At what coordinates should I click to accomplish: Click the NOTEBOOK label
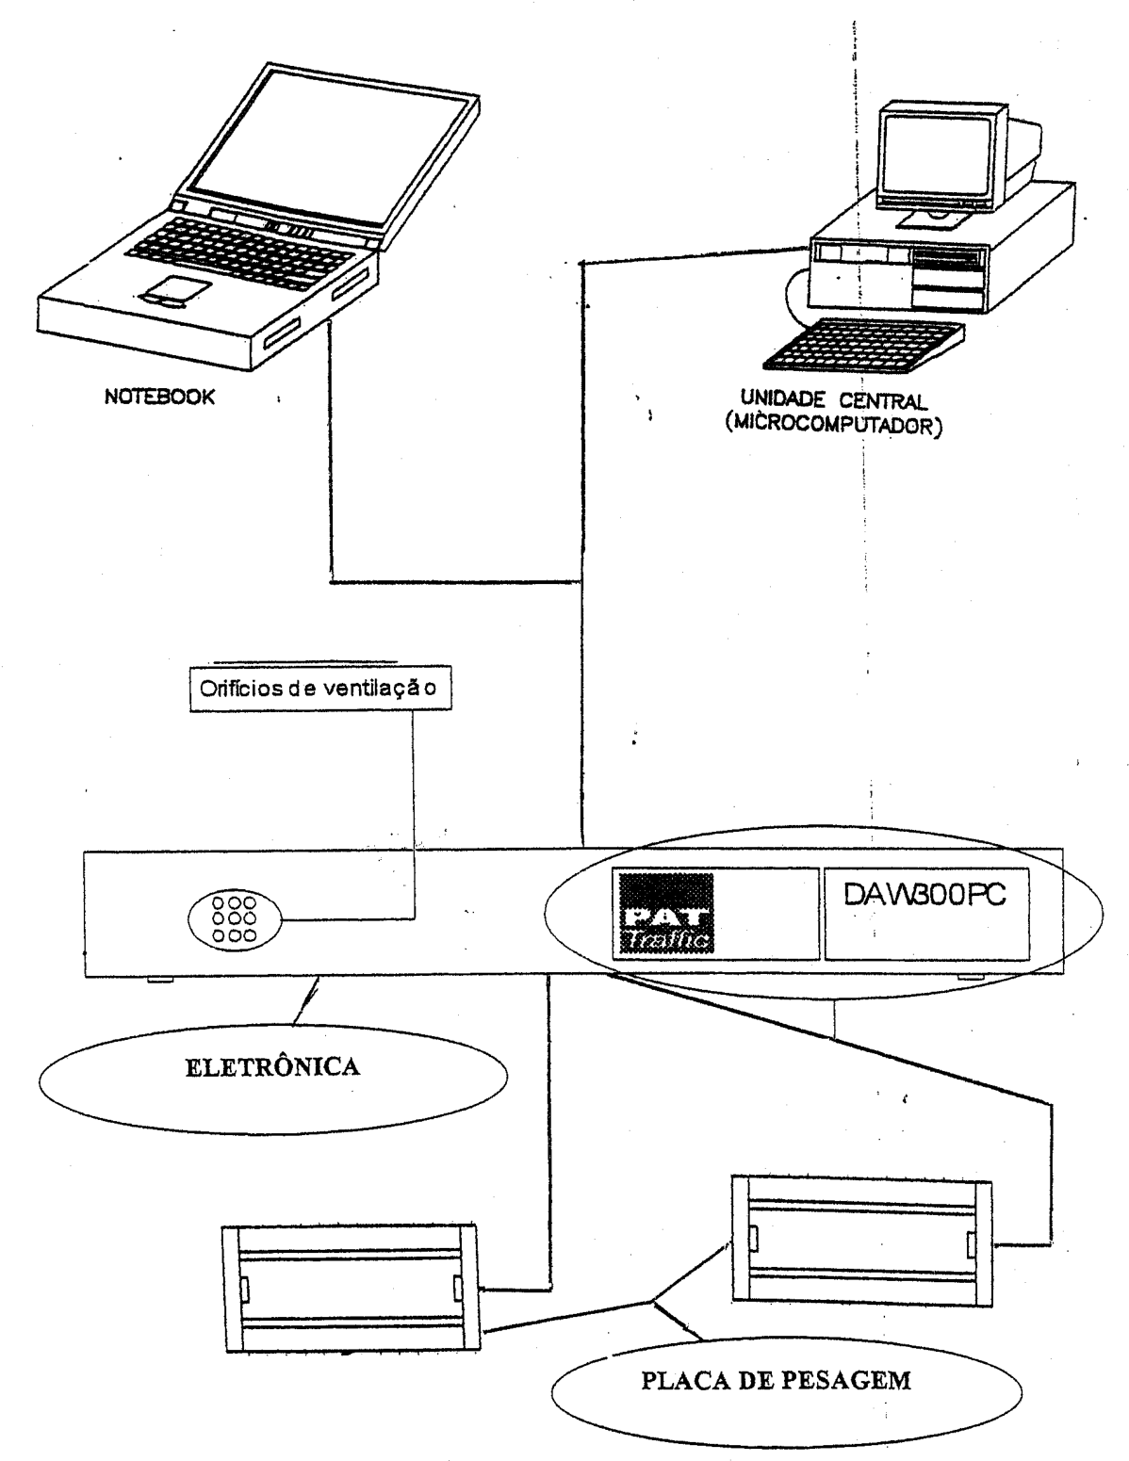pyautogui.click(x=159, y=397)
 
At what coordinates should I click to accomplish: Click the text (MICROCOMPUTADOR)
pyautogui.click(x=834, y=425)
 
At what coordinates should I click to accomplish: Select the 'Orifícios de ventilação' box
pyautogui.click(x=320, y=689)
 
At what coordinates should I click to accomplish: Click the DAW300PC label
pyautogui.click(x=924, y=896)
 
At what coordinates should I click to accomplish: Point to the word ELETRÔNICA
pyautogui.click(x=273, y=1068)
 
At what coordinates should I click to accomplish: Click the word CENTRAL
pyautogui.click(x=883, y=401)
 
